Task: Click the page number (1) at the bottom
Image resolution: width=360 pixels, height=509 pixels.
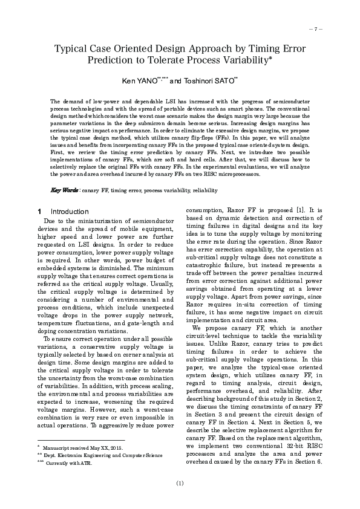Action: [180, 483]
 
